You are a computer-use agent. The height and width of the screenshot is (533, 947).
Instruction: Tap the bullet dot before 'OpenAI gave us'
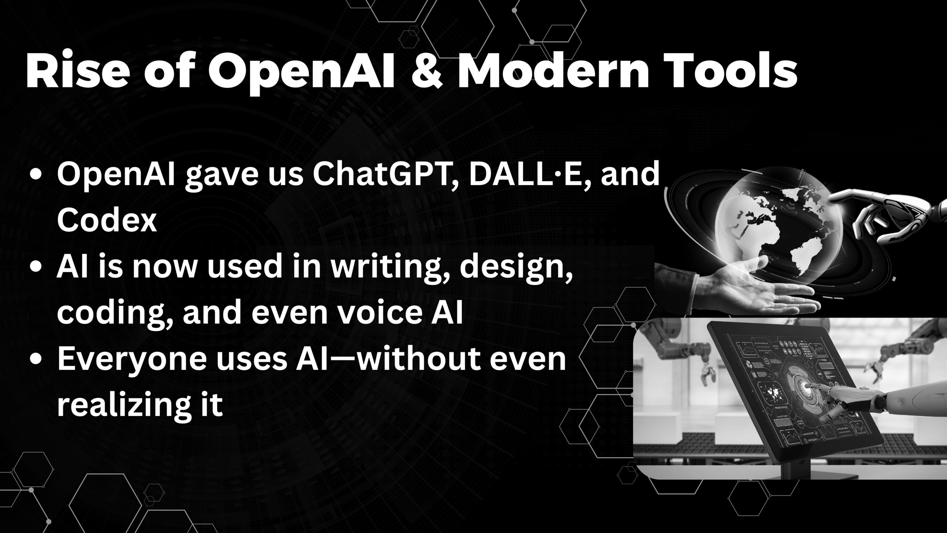[36, 176]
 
